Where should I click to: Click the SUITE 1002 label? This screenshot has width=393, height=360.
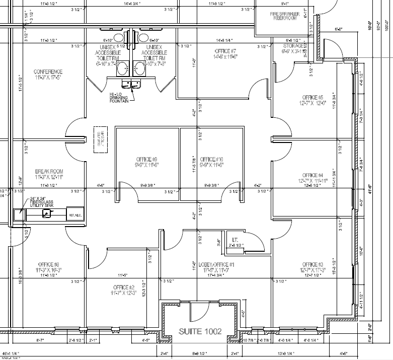coord(207,331)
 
